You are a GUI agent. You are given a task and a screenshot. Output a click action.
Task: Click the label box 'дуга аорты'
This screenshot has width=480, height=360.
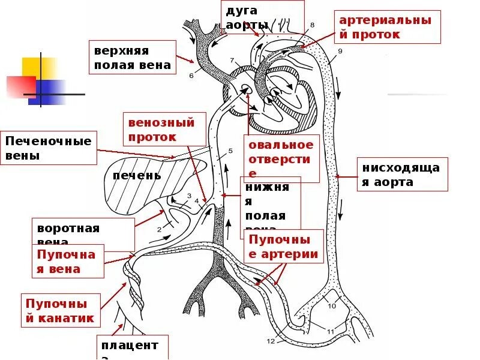[263, 18]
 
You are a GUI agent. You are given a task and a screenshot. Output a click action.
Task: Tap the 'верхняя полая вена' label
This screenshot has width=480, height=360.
[133, 58]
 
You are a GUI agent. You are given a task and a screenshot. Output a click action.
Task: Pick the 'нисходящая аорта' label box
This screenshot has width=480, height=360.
[403, 174]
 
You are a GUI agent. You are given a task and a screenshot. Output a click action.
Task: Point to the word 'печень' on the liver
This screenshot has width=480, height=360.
[137, 175]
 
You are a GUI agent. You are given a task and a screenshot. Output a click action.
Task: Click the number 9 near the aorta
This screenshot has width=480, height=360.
[340, 52]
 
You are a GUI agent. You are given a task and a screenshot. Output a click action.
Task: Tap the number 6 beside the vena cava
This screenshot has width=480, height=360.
[191, 76]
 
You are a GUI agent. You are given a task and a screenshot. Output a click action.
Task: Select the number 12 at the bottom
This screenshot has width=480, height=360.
[271, 341]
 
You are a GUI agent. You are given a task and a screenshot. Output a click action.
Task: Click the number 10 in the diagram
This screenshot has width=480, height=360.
[332, 306]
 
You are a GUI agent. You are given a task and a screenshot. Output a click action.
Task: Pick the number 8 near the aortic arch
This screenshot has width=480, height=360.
[312, 25]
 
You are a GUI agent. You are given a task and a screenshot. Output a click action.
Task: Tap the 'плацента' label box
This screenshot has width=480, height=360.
[129, 348]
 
